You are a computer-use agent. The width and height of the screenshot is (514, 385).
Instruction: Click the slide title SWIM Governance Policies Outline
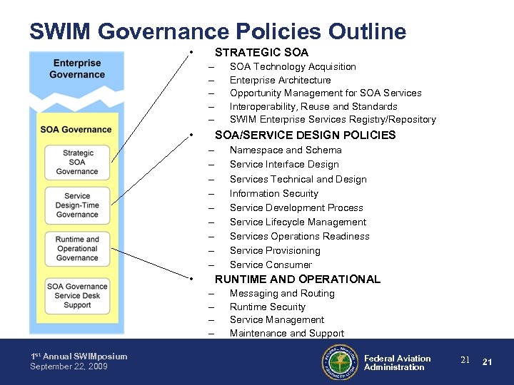pos(218,31)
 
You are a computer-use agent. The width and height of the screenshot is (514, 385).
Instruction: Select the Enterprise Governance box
pos(77,69)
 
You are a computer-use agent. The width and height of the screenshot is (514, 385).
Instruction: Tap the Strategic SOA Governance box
pos(77,163)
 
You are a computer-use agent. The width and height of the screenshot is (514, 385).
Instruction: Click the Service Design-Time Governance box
pos(77,205)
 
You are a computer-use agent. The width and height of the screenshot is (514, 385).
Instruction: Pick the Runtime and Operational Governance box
pos(77,249)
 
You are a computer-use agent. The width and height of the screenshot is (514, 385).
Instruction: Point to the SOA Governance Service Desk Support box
pos(77,296)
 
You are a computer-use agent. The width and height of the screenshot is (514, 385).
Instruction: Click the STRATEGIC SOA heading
pos(261,52)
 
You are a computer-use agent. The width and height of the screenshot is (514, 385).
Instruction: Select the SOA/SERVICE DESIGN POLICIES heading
pos(305,135)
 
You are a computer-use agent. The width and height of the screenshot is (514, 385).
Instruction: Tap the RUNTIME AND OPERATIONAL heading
pos(297,279)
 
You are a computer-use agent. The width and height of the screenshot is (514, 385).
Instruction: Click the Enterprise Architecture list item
pos(280,80)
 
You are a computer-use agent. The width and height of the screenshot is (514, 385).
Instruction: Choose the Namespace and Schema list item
pos(286,150)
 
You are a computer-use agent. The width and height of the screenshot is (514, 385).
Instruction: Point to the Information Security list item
pos(273,193)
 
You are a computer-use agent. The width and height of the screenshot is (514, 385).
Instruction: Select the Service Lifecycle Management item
pos(298,222)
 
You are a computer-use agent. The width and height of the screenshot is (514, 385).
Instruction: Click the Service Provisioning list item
pos(275,250)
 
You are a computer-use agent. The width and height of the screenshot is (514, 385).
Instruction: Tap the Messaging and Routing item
pos(282,293)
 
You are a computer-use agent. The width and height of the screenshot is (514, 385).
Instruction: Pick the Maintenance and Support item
pos(286,333)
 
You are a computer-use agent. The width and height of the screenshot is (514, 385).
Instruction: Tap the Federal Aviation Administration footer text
pos(397,363)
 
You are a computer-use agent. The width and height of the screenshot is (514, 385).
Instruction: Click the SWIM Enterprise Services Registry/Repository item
pos(333,120)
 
